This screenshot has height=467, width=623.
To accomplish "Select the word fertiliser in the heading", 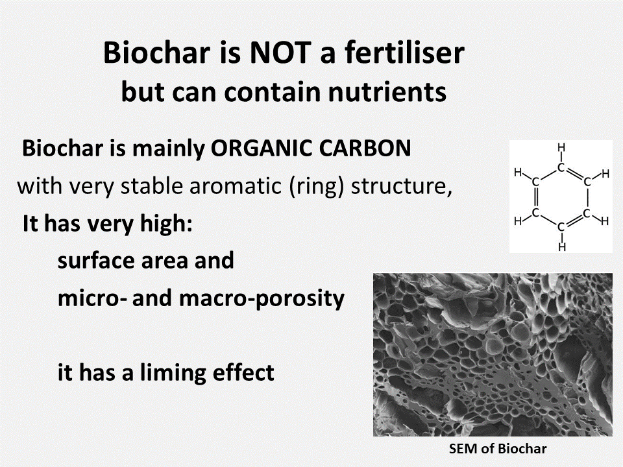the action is coord(405,53).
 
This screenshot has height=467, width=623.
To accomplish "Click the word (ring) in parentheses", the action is coord(316,186).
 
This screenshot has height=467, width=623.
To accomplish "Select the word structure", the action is coord(401,186).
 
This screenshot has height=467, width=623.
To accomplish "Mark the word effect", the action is coord(243,372).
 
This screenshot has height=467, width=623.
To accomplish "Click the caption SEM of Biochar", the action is coord(498,449).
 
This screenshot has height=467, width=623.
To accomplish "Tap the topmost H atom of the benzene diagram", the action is coord(561,148).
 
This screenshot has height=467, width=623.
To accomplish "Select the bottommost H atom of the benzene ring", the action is coord(561,247).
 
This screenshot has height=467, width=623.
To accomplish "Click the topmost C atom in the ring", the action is coord(561,167).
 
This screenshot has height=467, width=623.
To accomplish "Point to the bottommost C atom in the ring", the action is coord(561,227).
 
